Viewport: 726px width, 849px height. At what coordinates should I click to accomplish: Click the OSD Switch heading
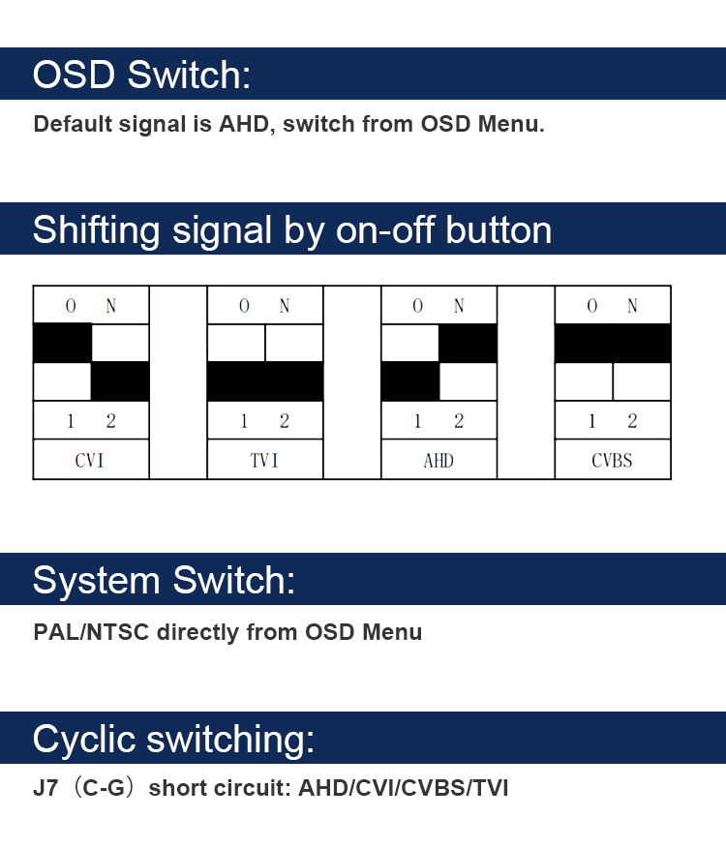(x=141, y=75)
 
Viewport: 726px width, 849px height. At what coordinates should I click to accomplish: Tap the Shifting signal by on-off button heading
(x=291, y=230)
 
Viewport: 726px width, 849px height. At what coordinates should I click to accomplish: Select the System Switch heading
(x=164, y=580)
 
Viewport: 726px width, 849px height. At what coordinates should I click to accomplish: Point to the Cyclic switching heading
(x=173, y=739)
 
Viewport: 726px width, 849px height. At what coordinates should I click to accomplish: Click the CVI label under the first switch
(x=90, y=460)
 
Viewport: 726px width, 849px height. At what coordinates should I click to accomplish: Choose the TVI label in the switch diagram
(x=264, y=460)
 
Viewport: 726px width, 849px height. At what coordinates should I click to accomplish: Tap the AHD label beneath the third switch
(x=439, y=460)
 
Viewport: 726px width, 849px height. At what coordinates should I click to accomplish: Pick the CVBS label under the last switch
(x=612, y=460)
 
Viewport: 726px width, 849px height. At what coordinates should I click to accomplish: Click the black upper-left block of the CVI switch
(x=62, y=344)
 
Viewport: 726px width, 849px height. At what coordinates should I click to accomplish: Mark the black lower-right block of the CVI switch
(x=120, y=381)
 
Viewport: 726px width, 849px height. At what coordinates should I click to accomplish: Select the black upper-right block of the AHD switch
(x=468, y=344)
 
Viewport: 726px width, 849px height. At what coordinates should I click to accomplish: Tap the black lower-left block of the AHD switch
(x=409, y=381)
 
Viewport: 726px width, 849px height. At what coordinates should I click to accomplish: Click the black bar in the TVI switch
(x=264, y=381)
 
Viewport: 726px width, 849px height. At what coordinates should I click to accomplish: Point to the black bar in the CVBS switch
(x=612, y=344)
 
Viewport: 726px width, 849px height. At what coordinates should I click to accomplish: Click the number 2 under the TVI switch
(x=285, y=421)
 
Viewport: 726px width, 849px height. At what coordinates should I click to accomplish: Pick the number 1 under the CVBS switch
(x=592, y=421)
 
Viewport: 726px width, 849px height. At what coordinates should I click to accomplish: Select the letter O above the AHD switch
(x=418, y=306)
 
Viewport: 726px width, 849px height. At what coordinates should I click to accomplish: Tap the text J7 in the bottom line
(x=45, y=788)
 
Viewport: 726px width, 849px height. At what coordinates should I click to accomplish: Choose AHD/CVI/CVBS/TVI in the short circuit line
(x=403, y=788)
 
